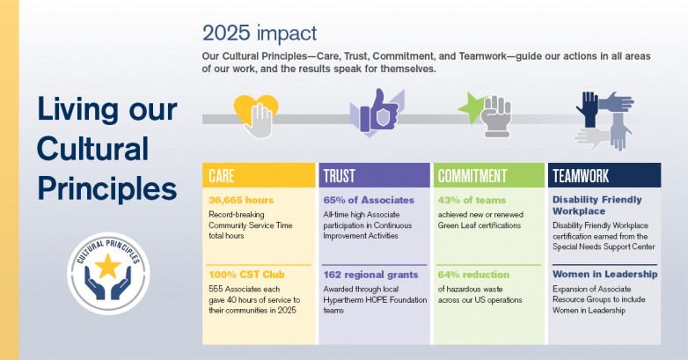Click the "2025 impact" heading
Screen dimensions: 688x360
tap(260, 33)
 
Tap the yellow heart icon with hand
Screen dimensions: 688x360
tap(256, 116)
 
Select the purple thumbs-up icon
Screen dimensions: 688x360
tap(377, 112)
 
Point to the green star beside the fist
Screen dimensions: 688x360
tap(472, 107)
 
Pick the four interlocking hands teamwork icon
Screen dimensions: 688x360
tap(604, 121)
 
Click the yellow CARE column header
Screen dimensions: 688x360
tap(259, 175)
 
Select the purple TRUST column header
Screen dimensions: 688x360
tap(374, 175)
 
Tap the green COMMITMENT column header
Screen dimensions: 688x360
tap(489, 175)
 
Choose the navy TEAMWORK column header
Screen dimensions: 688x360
tap(604, 175)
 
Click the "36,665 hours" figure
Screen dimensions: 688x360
tap(241, 200)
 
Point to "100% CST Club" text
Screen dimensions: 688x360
tap(246, 275)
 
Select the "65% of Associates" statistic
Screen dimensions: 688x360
tap(369, 200)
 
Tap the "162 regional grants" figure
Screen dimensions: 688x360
tap(370, 275)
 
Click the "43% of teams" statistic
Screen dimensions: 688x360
tap(472, 200)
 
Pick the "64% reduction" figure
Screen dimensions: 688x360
tap(473, 275)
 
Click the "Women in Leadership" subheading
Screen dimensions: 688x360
tap(605, 275)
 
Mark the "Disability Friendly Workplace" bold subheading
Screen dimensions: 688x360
tap(597, 205)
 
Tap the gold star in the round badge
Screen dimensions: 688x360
tap(108, 266)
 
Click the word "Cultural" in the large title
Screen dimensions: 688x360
tap(93, 149)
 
